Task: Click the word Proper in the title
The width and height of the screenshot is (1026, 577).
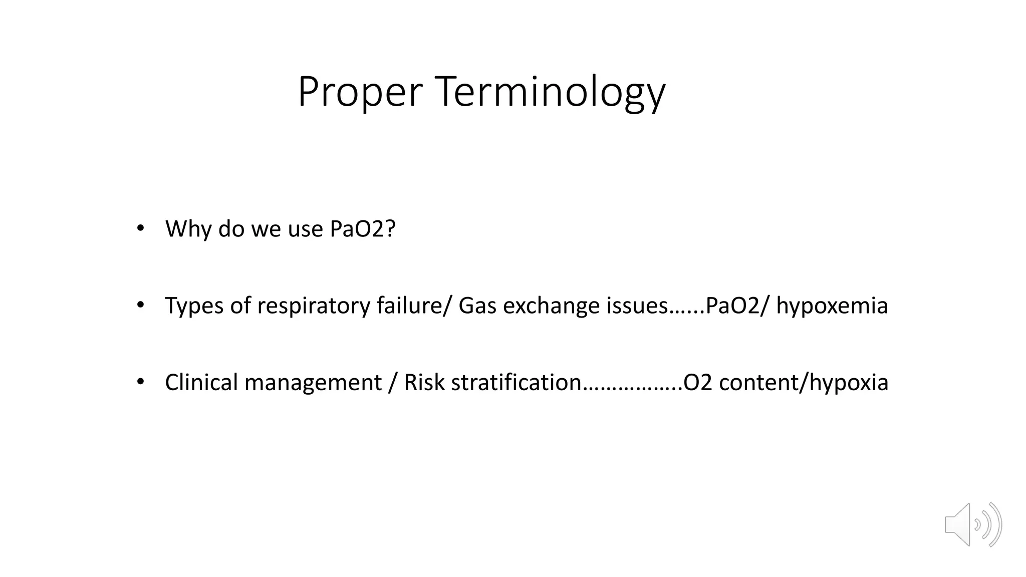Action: [360, 92]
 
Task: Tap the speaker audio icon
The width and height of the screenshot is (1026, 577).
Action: [972, 524]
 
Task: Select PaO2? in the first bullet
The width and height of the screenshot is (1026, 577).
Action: [363, 229]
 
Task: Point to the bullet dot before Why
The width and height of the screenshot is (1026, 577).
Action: [140, 228]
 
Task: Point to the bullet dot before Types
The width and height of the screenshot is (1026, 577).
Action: [140, 305]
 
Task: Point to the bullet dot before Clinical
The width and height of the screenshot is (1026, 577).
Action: [140, 382]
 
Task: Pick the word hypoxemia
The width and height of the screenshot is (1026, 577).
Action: [832, 306]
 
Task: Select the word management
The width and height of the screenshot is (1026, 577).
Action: [313, 383]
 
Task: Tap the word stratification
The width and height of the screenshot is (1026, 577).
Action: [516, 383]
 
